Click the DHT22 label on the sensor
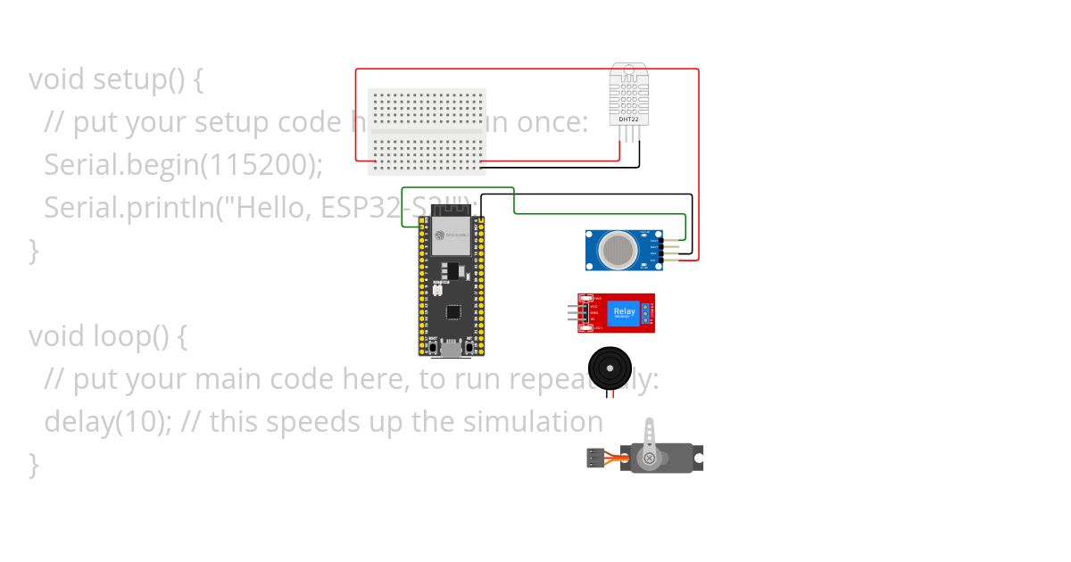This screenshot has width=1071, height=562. point(628,119)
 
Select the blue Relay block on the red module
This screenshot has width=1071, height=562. point(624,313)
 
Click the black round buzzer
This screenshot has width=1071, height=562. point(609,367)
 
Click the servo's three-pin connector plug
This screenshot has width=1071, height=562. point(594,459)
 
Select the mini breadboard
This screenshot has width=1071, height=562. point(428,131)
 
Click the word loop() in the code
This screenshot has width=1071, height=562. point(129,336)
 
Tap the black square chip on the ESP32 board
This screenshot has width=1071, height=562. point(453,312)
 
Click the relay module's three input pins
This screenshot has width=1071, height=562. point(572,312)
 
